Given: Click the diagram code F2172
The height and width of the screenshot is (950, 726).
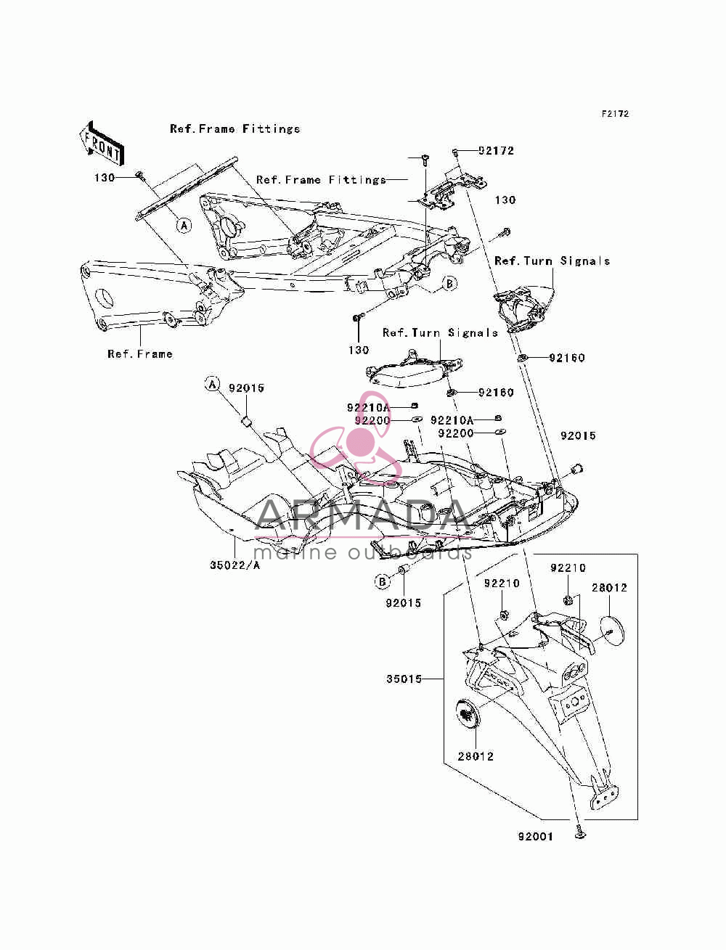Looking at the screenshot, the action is click(615, 114).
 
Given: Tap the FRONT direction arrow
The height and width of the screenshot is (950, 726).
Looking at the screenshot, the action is click(102, 144).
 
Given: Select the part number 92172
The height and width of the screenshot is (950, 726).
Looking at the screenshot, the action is click(496, 151).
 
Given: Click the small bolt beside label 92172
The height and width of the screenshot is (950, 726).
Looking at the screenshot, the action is click(455, 152).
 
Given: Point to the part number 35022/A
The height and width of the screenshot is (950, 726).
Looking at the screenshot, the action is click(235, 565).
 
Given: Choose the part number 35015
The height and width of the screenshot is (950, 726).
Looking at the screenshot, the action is click(404, 679).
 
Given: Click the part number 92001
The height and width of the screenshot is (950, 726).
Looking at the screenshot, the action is click(536, 837).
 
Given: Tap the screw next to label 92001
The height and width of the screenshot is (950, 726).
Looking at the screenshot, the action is click(579, 832).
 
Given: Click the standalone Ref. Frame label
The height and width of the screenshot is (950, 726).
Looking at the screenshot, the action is click(140, 354).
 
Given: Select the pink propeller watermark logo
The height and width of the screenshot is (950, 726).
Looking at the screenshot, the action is click(356, 437).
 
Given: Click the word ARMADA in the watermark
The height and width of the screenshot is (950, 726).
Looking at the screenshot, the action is click(363, 515).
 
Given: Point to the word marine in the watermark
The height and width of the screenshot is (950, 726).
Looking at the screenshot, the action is click(295, 552).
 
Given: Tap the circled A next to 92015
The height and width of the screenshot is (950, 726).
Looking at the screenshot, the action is click(212, 384).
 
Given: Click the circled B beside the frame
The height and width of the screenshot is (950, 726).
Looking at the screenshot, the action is click(449, 284).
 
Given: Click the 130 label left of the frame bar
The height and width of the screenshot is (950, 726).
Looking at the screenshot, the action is click(105, 178).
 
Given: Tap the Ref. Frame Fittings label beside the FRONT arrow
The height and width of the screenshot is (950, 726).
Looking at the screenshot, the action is click(234, 128).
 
